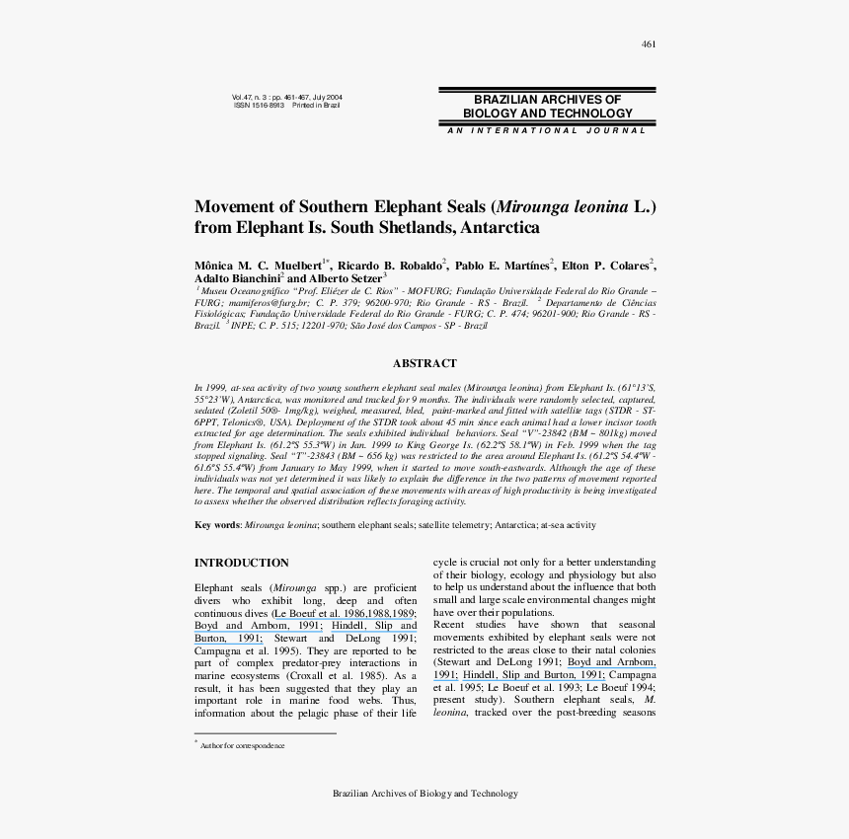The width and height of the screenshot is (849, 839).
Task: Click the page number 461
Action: point(649,43)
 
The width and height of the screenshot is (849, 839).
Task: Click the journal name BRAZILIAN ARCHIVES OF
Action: point(547,100)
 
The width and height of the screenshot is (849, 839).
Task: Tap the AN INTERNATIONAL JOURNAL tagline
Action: point(546,130)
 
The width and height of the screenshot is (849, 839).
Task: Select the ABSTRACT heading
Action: point(424,363)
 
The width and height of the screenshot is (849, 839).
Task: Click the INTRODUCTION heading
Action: point(242,563)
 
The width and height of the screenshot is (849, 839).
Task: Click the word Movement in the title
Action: point(230,207)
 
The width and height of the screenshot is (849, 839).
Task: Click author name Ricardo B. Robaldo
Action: point(390,266)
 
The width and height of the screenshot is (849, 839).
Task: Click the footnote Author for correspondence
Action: point(242,745)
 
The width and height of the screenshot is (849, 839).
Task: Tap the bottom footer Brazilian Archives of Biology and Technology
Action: point(424,794)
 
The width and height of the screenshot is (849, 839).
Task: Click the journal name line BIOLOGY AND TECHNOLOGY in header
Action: point(547,114)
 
